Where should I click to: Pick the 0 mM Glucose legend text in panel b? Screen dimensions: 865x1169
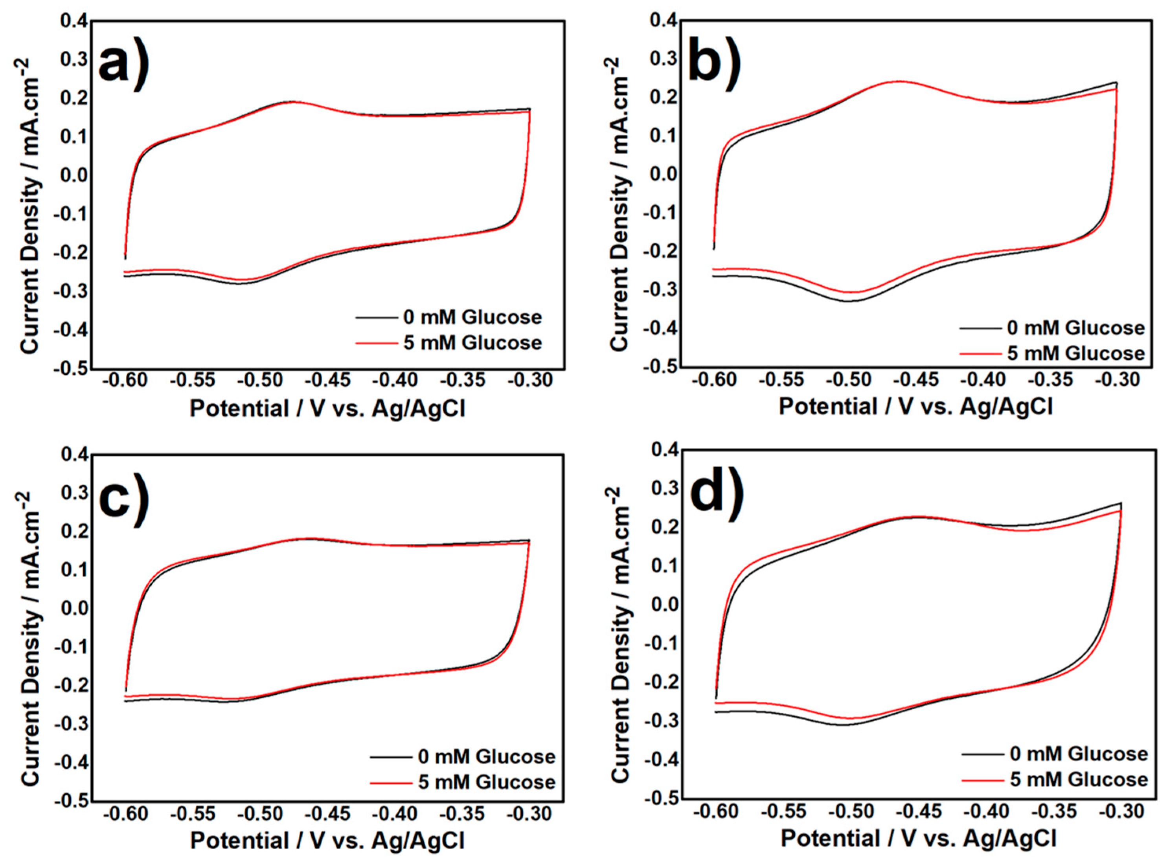pyautogui.click(x=1076, y=328)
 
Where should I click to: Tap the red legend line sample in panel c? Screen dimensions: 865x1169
pyautogui.click(x=391, y=783)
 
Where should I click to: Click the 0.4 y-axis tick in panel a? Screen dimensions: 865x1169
pyautogui.click(x=74, y=21)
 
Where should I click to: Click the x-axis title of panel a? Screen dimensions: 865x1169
pyautogui.click(x=327, y=409)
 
